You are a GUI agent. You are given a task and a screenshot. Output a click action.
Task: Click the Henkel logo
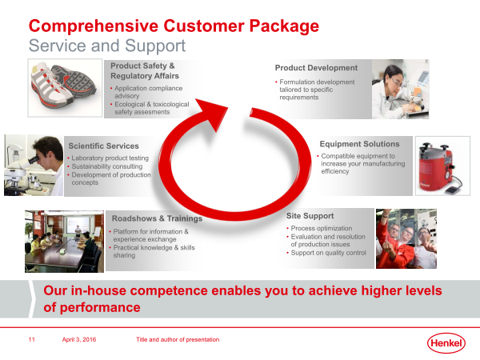click(446, 343)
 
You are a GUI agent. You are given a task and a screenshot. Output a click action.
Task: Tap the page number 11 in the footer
click(31, 339)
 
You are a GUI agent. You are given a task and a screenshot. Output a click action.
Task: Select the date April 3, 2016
click(79, 339)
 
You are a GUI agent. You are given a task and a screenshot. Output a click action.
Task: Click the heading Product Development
click(316, 68)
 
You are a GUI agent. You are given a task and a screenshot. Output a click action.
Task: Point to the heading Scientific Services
click(103, 146)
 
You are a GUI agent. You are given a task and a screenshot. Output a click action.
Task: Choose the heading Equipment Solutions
click(359, 144)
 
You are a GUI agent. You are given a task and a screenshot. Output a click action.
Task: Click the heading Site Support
click(310, 216)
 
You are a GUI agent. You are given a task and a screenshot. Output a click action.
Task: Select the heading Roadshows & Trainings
click(157, 218)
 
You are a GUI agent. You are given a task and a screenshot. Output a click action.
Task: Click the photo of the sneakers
click(65, 88)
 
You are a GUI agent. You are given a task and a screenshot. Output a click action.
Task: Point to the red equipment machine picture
click(442, 166)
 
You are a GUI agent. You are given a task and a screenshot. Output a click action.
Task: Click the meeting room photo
click(64, 242)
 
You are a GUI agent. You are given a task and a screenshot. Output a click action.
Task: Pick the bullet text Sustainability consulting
click(107, 166)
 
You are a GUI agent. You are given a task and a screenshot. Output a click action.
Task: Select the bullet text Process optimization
click(322, 228)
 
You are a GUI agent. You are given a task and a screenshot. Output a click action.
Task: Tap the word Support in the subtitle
click(155, 46)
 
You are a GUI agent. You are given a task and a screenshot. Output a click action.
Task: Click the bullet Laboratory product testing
click(110, 158)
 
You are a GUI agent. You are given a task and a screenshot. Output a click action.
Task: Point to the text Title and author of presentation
click(178, 339)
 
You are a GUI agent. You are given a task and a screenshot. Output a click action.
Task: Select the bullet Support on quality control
click(328, 253)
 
